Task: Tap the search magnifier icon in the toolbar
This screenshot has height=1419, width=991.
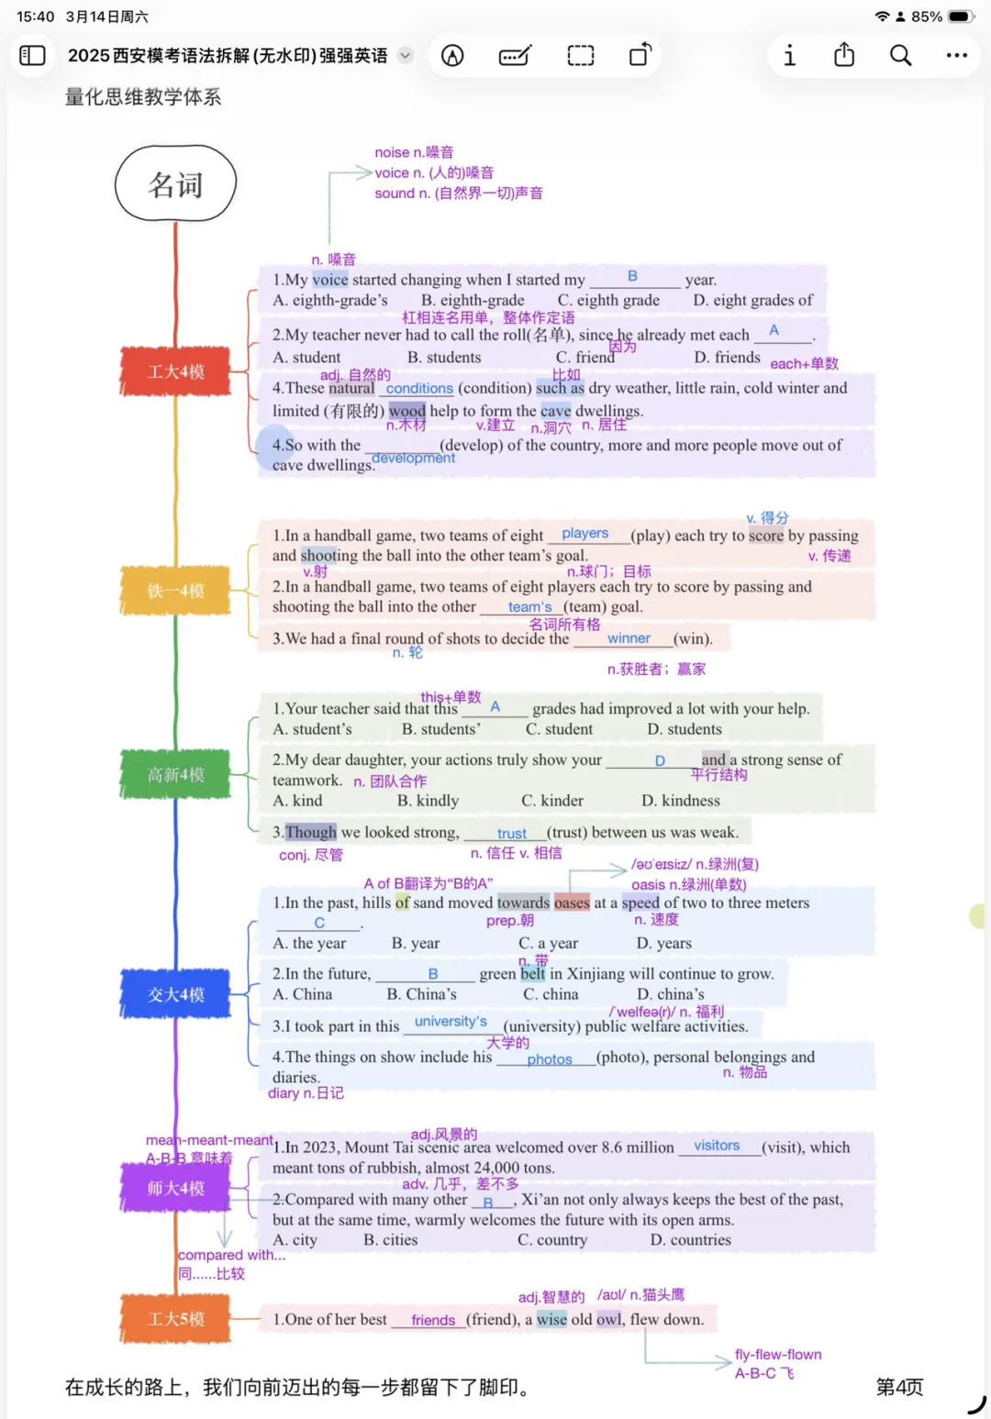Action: (x=900, y=55)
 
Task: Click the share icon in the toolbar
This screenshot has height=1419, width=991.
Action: (x=844, y=55)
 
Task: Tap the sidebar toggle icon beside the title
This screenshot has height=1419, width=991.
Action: (x=32, y=55)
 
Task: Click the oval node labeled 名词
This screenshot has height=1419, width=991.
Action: (x=175, y=183)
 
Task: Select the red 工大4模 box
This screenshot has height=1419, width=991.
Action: (x=175, y=371)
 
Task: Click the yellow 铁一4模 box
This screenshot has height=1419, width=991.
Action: (x=175, y=591)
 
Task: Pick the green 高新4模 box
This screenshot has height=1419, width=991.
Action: (x=175, y=774)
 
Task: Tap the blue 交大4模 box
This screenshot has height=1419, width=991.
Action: (x=175, y=994)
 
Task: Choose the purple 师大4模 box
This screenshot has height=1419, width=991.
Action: (x=175, y=1188)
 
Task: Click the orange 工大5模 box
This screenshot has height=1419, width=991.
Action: (x=175, y=1319)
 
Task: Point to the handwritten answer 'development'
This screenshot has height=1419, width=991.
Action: (x=413, y=458)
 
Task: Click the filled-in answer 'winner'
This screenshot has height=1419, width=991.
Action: (x=629, y=638)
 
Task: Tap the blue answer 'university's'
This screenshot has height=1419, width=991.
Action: (x=451, y=1021)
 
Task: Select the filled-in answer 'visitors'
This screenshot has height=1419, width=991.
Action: (x=717, y=1146)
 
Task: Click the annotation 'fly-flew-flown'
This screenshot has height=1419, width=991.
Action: (x=778, y=1354)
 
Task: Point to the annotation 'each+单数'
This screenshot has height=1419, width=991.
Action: (x=804, y=363)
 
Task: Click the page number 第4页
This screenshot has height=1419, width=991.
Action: (x=899, y=1387)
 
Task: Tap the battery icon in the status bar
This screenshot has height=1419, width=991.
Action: (x=962, y=17)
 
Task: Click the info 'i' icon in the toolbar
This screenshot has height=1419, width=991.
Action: (x=789, y=55)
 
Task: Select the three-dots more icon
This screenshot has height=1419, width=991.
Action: (x=956, y=55)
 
